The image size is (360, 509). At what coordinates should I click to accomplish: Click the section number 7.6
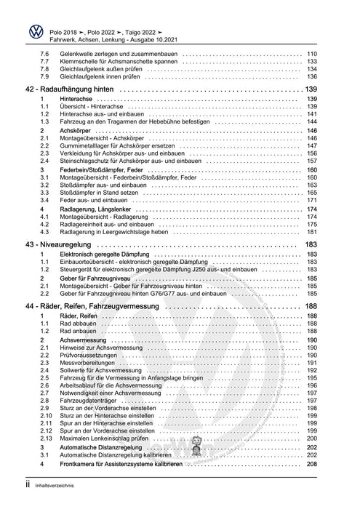coord(45,54)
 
